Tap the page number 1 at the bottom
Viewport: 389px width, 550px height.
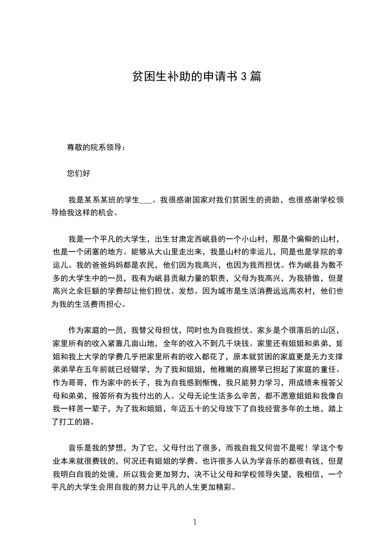coord(195,522)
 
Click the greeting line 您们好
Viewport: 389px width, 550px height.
coord(78,173)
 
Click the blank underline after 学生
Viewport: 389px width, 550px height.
coord(147,200)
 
